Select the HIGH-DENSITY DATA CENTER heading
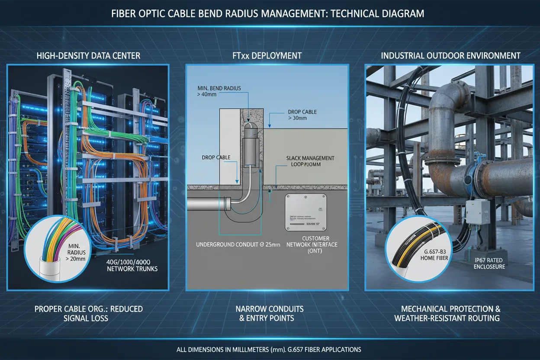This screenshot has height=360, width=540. pyautogui.click(x=88, y=55)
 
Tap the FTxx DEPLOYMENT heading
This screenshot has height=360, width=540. pyautogui.click(x=267, y=55)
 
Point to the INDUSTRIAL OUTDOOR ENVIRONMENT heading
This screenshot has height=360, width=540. pyautogui.click(x=450, y=55)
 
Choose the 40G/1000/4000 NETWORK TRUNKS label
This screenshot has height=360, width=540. pyautogui.click(x=132, y=265)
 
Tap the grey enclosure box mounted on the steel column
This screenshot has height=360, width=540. pyautogui.click(x=477, y=212)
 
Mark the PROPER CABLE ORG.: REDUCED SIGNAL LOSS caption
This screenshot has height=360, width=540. pyautogui.click(x=88, y=314)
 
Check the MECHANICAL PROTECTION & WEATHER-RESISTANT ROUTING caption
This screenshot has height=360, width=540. pyautogui.click(x=447, y=314)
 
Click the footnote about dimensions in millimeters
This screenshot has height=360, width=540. pyautogui.click(x=268, y=349)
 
